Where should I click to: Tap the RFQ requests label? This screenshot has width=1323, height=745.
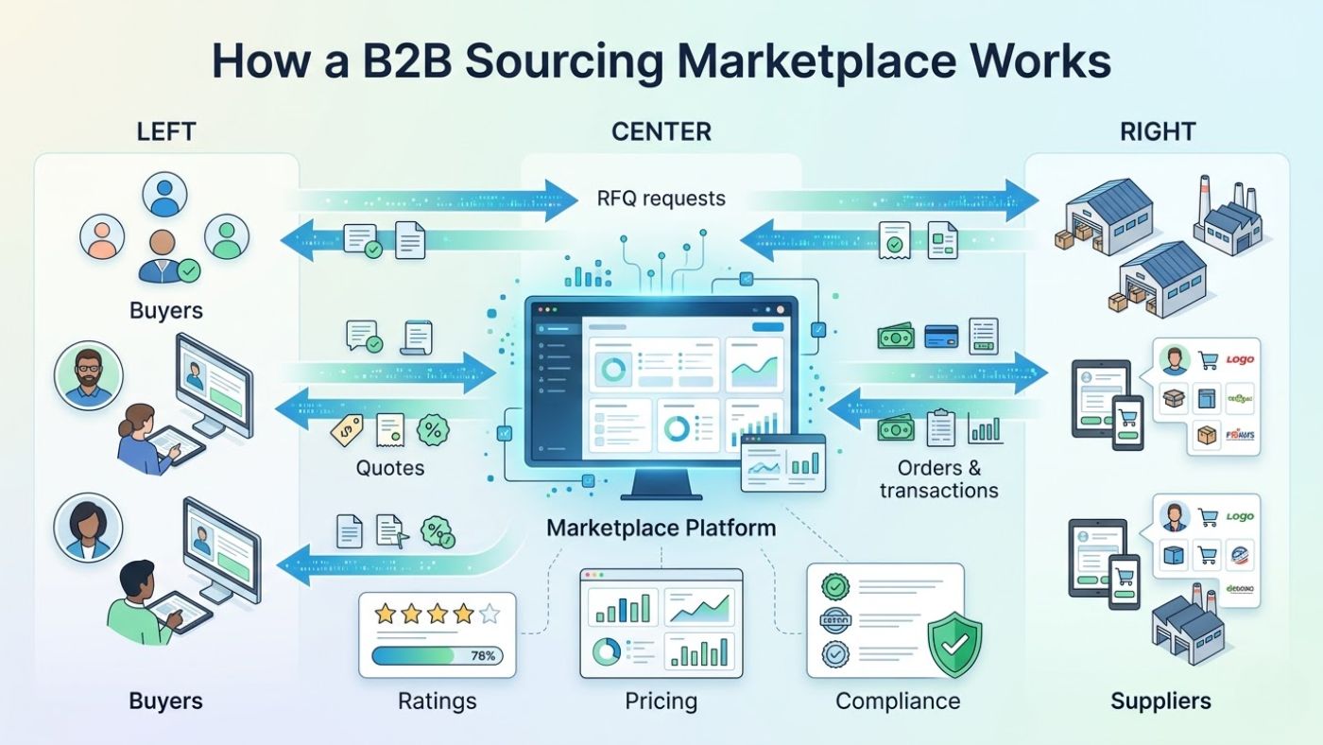661,199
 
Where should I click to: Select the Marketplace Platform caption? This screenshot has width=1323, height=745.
661,528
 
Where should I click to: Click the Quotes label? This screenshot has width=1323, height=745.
389,467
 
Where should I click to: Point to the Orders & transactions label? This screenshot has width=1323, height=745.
938,479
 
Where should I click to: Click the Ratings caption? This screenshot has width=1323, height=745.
437,702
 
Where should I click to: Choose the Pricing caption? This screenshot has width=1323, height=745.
661,702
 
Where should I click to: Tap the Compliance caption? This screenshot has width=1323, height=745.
898,702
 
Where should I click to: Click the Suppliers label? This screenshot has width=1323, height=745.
1160,702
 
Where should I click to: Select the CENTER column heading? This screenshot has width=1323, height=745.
661,131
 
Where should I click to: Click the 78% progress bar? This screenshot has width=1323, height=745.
438,655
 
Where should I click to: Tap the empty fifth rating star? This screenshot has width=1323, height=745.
489,615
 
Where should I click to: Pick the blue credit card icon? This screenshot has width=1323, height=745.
941,336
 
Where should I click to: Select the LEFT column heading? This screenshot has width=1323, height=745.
166,131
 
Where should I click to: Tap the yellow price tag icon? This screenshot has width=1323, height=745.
347,430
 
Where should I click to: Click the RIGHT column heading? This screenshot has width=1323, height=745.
1157,131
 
